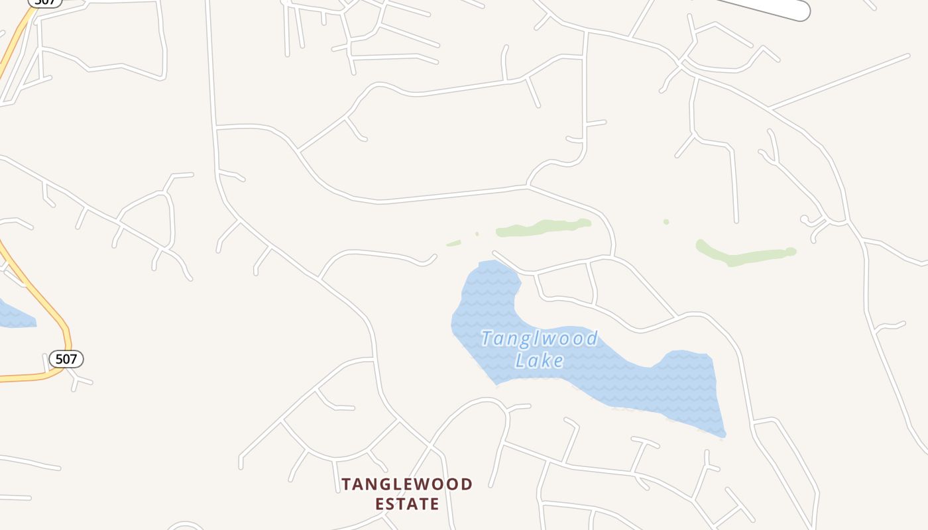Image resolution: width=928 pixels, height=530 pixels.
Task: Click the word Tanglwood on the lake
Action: coord(539,339)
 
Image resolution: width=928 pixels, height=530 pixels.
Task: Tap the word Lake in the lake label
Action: coord(540,360)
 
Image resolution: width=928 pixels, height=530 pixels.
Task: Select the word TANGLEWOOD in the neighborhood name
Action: coord(407,484)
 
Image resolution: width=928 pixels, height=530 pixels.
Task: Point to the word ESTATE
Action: coord(407,504)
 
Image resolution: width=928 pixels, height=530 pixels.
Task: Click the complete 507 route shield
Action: coord(66,359)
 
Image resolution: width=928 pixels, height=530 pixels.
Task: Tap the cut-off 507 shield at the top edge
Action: coord(45,2)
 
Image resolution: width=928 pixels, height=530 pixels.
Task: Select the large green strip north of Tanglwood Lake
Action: coord(544,227)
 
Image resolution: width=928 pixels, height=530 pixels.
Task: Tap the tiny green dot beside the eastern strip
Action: coord(666,222)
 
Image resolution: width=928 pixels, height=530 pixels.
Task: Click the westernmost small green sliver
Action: coord(453,244)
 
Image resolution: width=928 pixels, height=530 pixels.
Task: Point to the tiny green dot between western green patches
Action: coord(477,234)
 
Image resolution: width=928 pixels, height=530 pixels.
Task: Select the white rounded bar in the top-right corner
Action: coord(769,8)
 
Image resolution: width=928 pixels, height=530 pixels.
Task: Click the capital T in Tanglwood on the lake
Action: coord(487,339)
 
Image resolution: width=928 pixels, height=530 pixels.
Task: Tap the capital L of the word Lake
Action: coord(521,360)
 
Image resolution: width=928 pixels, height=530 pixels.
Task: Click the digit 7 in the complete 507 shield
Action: coord(74,359)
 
